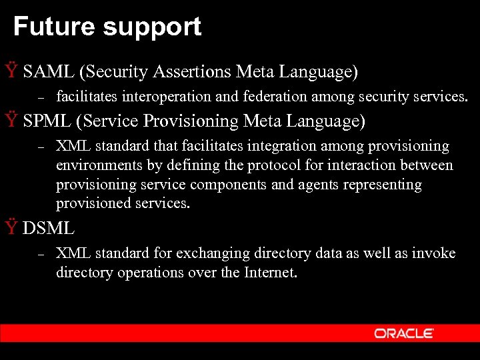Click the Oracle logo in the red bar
point(404,333)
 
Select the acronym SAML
point(48,71)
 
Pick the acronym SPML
point(47,121)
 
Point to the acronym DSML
point(49,228)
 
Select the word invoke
point(433,253)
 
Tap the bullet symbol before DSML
point(11,228)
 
